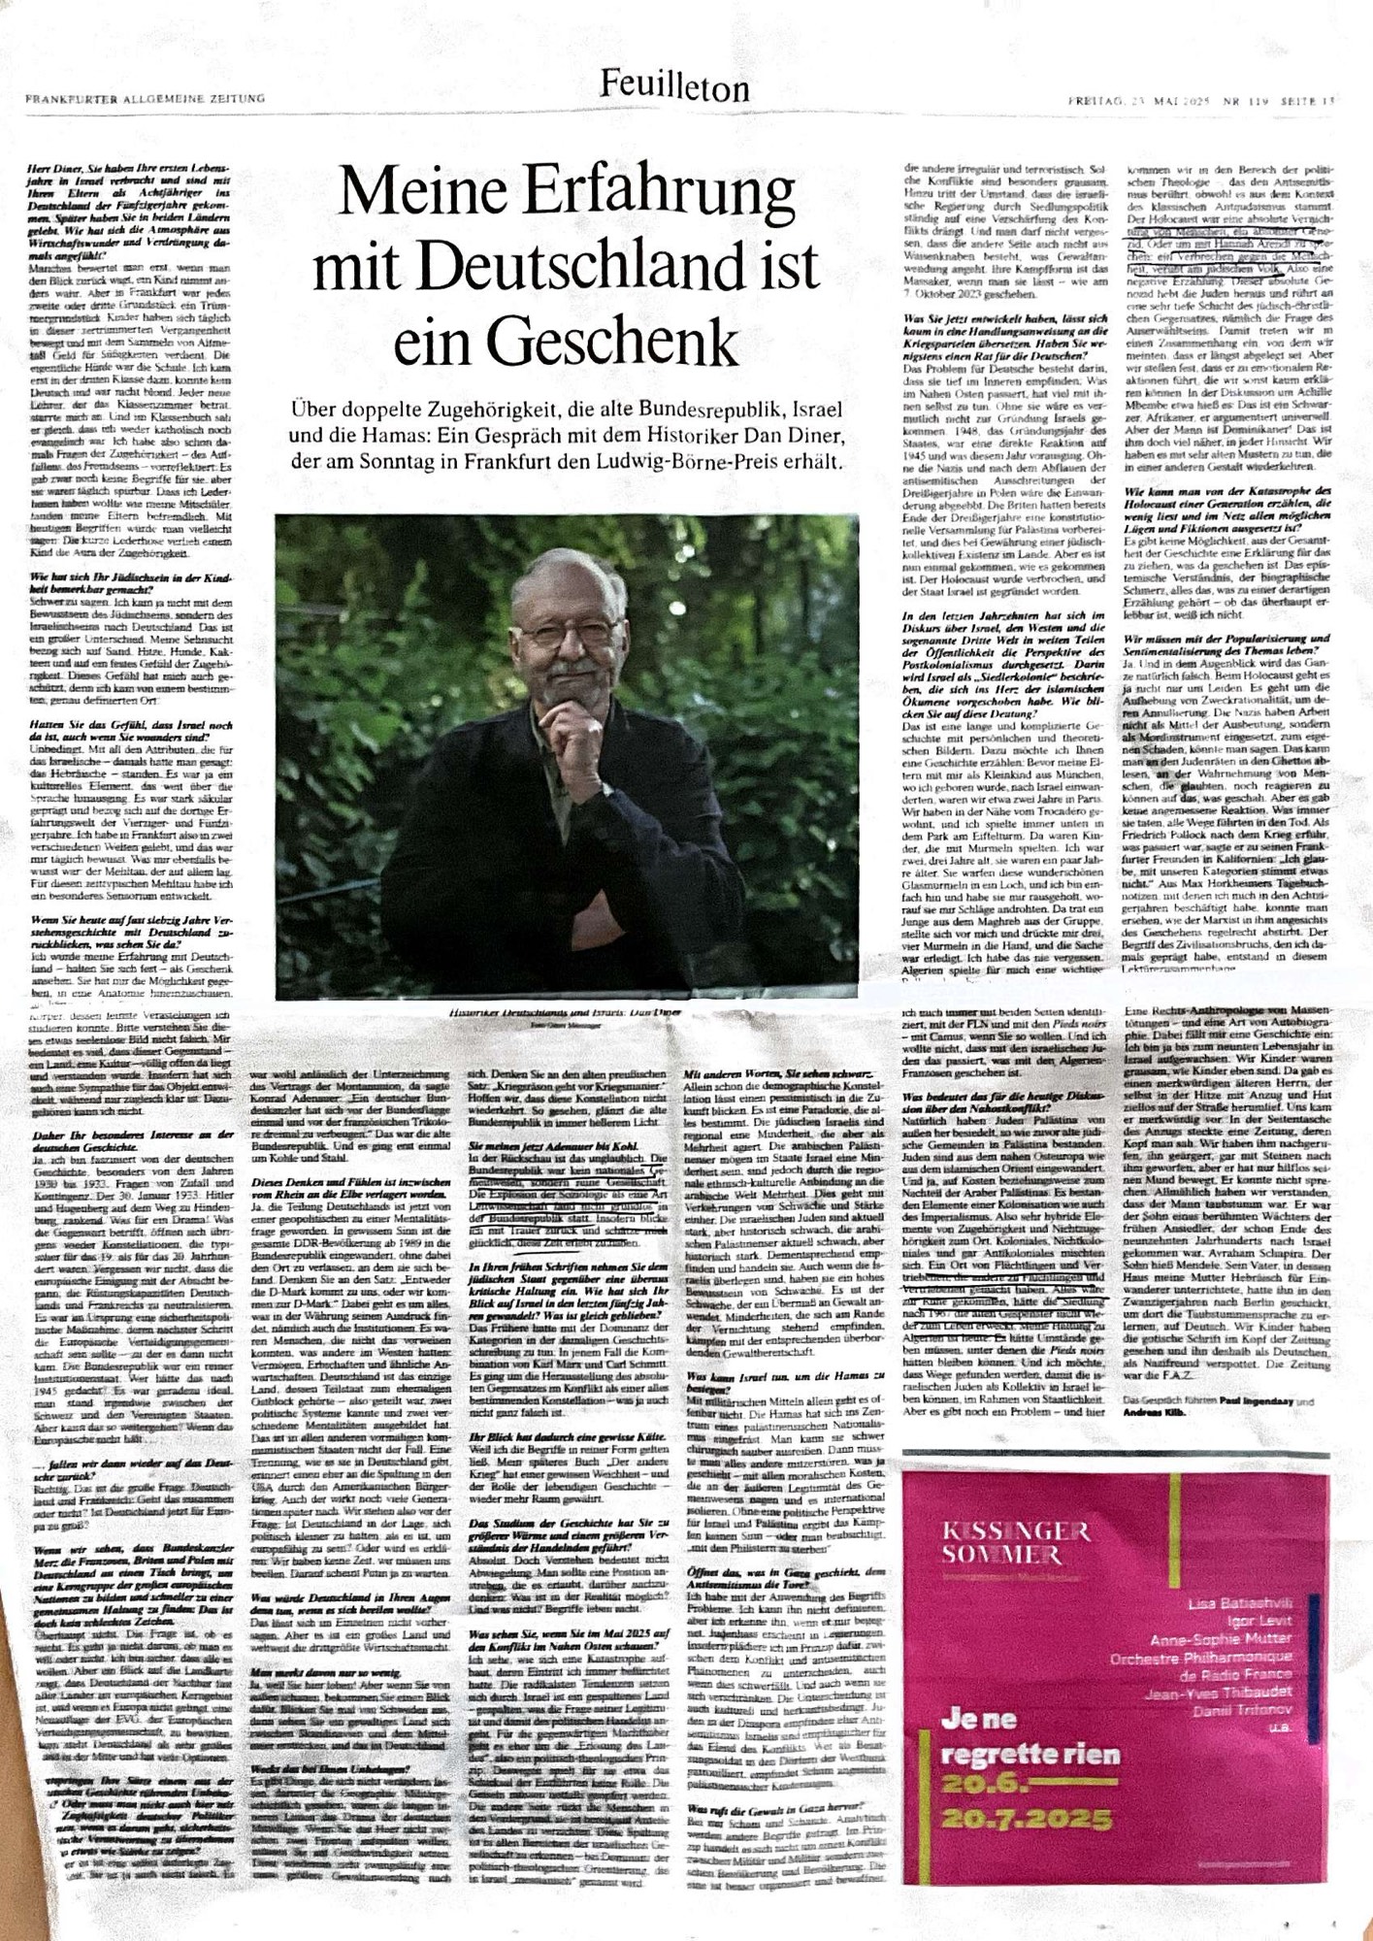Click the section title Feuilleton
point(674,87)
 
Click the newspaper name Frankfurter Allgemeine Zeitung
point(146,99)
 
